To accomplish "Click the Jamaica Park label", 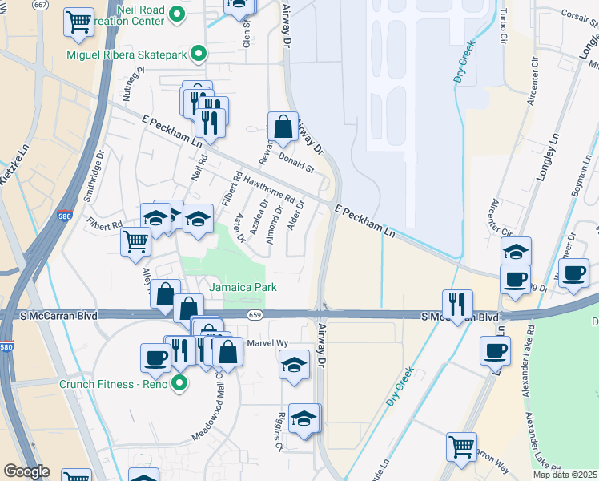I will coord(243,287).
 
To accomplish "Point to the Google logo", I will coord(26,471).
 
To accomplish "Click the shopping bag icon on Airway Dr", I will coord(282,126).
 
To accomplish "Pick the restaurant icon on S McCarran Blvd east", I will coord(456,304).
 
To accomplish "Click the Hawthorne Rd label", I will coord(270,190).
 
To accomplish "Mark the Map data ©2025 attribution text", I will coord(565,475).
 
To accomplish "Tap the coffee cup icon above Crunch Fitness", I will coord(155,358).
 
